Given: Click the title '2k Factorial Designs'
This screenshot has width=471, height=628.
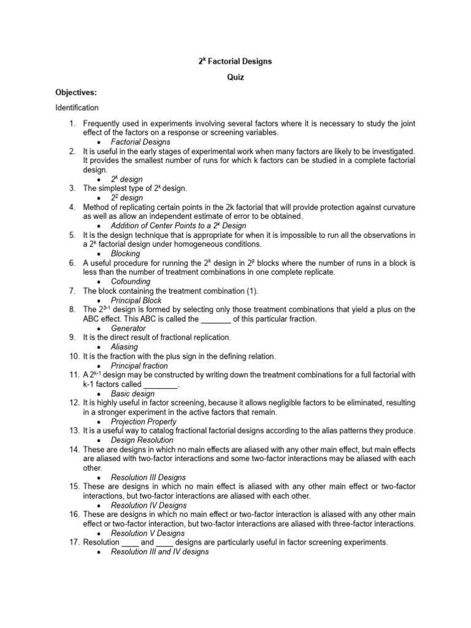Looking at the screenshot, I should pos(235,61).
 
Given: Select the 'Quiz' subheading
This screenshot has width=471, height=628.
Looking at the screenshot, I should pos(235,77).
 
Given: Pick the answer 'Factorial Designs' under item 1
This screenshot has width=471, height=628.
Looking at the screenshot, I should pos(140,142).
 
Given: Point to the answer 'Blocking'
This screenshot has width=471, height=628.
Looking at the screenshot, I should pos(125,253).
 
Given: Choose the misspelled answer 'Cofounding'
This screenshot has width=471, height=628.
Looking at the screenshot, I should pos(131,281).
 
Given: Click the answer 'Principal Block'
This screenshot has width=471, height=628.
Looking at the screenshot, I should pos(136,301).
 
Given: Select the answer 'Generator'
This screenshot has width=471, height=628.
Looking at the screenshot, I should pos(128,328).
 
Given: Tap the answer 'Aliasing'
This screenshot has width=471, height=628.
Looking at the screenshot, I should pos(124,347).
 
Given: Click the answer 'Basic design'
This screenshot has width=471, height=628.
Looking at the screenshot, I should pos(133,393).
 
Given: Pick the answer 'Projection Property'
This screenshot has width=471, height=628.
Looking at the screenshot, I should pos(144,421).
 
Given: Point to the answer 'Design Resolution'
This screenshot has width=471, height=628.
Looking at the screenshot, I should pos(142,440).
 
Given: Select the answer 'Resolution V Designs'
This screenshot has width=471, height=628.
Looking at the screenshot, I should pos(148,533).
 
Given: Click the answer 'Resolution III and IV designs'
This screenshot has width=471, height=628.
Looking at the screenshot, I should pos(159,552).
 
